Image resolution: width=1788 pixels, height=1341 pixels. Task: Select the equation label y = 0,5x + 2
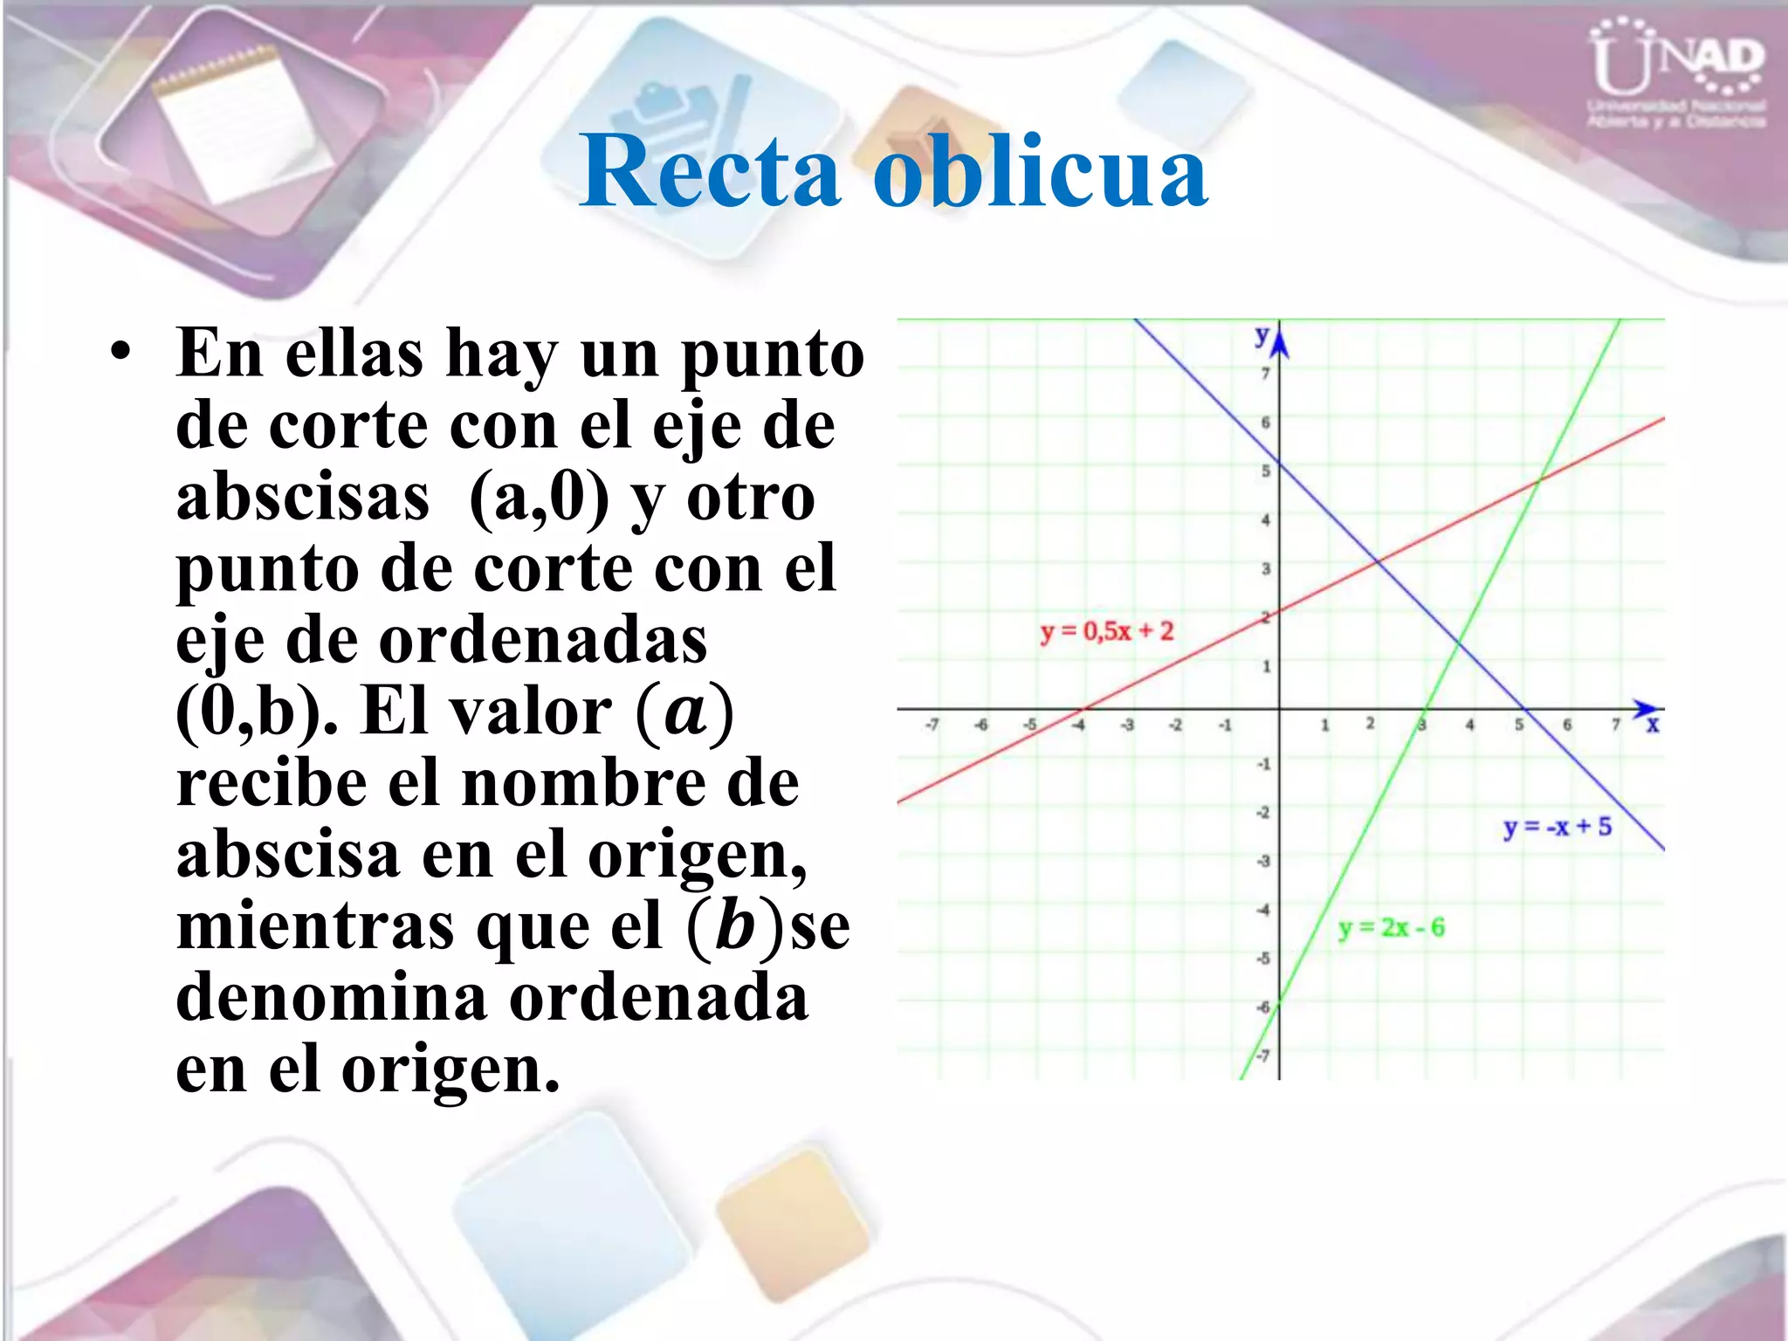[x=1107, y=631]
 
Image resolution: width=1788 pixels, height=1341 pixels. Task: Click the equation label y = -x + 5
[x=1558, y=827]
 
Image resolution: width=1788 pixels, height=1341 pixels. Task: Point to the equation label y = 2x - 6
[x=1392, y=927]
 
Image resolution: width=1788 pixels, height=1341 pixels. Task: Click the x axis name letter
[x=1652, y=725]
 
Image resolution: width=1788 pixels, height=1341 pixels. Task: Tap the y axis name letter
[x=1262, y=334]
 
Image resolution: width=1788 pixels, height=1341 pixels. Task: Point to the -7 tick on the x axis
[x=932, y=725]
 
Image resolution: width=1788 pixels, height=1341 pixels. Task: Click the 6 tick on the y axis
[x=1265, y=423]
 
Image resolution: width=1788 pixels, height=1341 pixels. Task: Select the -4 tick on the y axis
[x=1263, y=910]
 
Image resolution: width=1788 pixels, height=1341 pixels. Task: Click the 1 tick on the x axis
[x=1324, y=725]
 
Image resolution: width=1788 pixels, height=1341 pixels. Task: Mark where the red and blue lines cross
[x=1378, y=561]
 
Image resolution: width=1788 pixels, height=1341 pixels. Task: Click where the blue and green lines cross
[x=1458, y=643]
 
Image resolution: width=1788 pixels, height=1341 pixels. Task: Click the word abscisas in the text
[x=303, y=498]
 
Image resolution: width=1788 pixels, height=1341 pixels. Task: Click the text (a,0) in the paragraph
[x=539, y=498]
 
